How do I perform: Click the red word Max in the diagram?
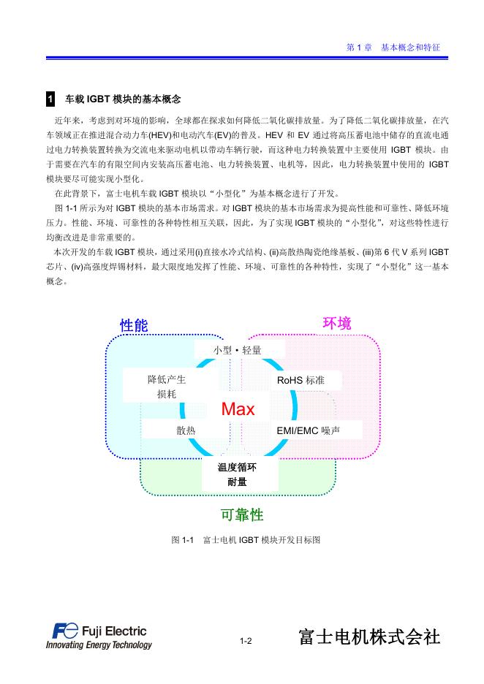pos(238,409)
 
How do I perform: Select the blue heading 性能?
pos(134,325)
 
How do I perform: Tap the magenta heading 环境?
pos(337,323)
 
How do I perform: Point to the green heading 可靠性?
pos(242,515)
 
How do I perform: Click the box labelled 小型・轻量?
pos(237,350)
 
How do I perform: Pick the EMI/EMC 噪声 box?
pos(308,430)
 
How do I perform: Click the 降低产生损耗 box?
pos(167,387)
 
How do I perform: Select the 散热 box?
pos(186,430)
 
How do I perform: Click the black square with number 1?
pos(50,99)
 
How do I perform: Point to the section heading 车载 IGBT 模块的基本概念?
pos(123,99)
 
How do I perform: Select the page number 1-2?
pos(246,641)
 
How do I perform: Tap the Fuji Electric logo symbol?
pos(65,631)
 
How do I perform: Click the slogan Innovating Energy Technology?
pos(99,645)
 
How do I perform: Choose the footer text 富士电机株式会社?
pos(369,636)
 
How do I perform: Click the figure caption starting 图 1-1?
pos(246,540)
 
